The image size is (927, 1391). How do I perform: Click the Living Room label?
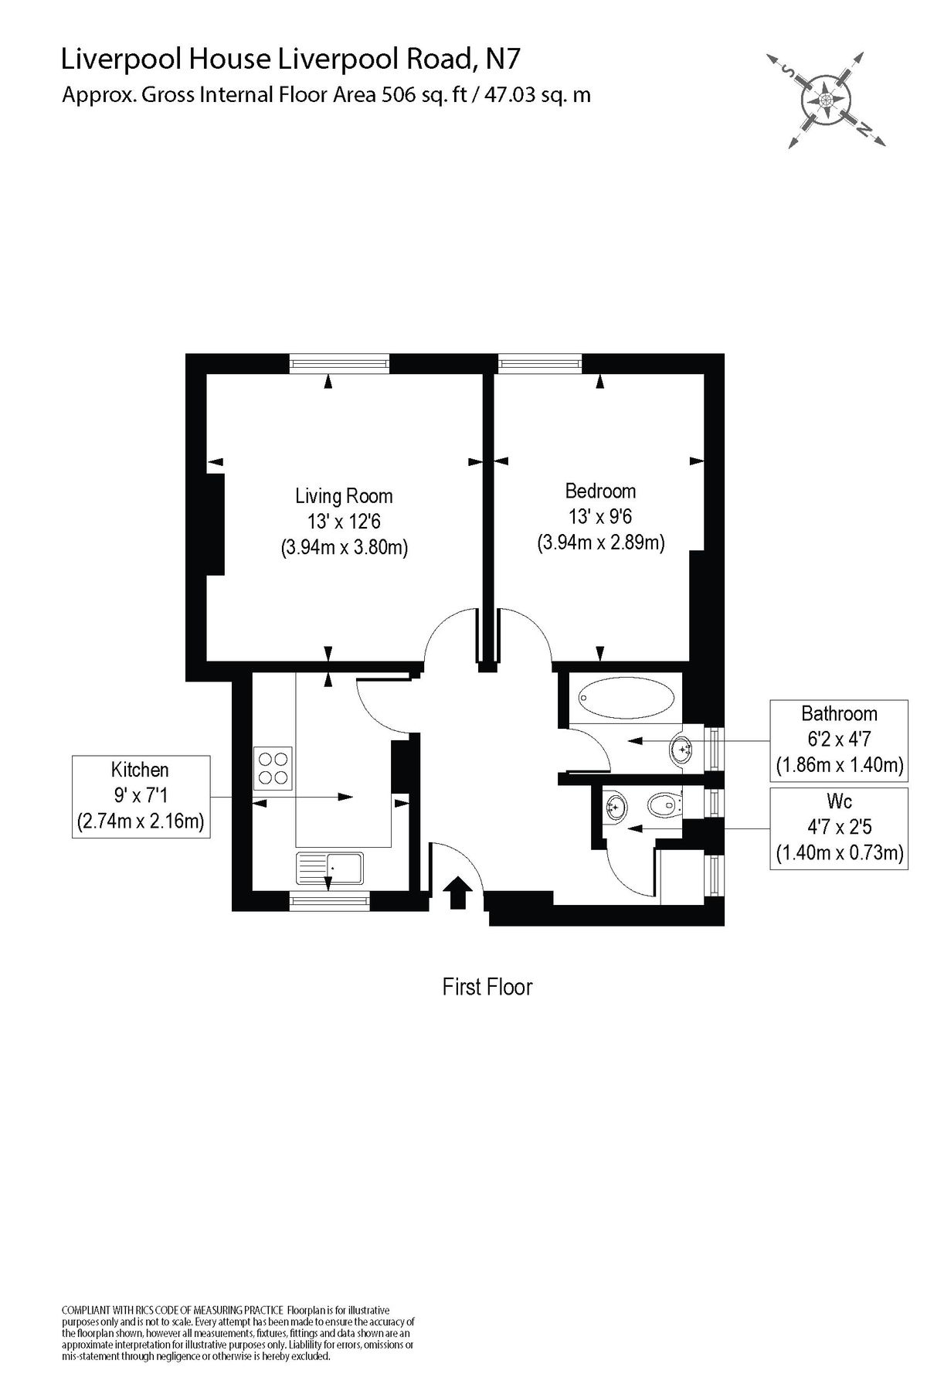click(344, 495)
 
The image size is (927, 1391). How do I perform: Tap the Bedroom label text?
click(600, 491)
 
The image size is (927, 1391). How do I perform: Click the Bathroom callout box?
click(839, 740)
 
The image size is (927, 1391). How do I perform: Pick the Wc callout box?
click(839, 827)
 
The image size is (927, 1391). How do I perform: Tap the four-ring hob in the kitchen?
click(273, 767)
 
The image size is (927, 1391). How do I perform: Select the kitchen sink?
click(330, 869)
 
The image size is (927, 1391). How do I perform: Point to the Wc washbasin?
click(616, 808)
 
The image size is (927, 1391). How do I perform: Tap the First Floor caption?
click(487, 987)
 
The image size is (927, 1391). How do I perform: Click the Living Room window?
click(339, 362)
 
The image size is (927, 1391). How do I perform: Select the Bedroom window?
click(538, 362)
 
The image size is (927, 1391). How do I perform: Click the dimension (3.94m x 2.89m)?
click(600, 542)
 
